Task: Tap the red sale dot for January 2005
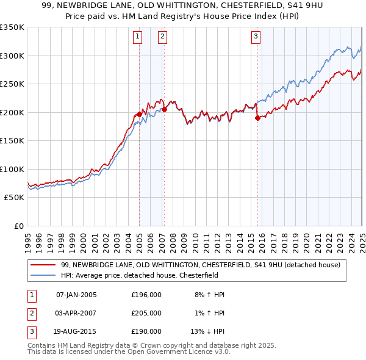point(139,114)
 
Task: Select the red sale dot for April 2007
point(164,109)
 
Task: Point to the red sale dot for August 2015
point(257,118)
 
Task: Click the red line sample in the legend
point(43,265)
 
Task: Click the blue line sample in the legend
point(43,275)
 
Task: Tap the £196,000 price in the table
point(146,295)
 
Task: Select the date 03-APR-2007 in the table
point(76,313)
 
